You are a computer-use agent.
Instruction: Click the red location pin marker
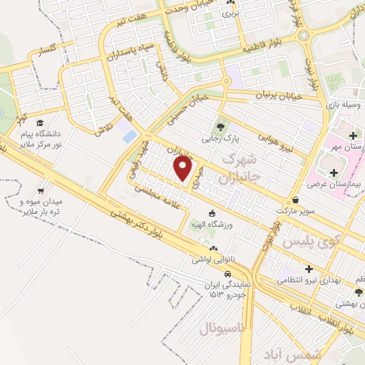[183, 169]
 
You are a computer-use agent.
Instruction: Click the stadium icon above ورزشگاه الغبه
[211, 213]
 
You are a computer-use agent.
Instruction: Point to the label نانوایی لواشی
[209, 260]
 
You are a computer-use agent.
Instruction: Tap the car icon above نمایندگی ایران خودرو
[227, 274]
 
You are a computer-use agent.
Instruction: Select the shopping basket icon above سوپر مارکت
[295, 200]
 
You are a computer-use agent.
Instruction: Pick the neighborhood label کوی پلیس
[307, 242]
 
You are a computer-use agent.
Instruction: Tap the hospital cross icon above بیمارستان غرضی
[334, 172]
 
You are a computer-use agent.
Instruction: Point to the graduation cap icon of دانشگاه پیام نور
[40, 123]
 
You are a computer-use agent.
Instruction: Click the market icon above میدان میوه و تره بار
[41, 191]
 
